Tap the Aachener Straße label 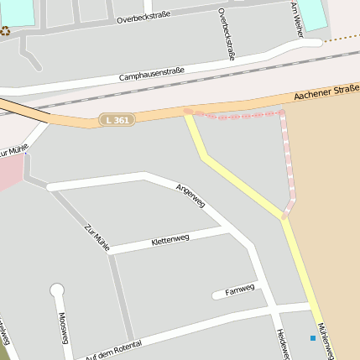pyautogui.click(x=326, y=93)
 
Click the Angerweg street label pyautogui.click(x=190, y=198)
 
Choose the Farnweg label pyautogui.click(x=239, y=292)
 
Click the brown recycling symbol pyautogui.click(x=6, y=31)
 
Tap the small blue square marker pyautogui.click(x=313, y=338)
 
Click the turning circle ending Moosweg pyautogui.click(x=57, y=290)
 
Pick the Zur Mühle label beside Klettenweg pyautogui.click(x=97, y=237)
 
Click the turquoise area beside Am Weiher pyautogui.click(x=311, y=15)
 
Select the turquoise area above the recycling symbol pyautogui.click(x=18, y=11)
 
